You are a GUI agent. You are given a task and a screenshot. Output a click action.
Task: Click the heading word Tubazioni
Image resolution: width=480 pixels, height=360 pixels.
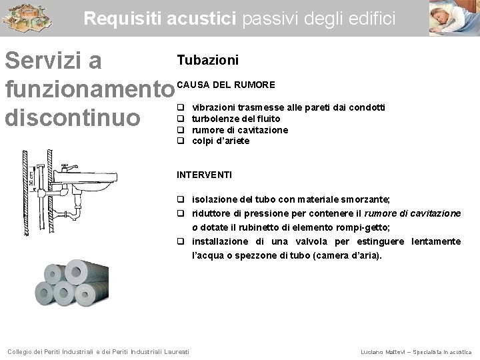coord(207,61)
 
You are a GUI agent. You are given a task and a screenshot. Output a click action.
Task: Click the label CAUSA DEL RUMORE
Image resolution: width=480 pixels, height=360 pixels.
coord(226,85)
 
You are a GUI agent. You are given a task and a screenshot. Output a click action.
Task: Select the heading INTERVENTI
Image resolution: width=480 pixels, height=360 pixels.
coord(204,175)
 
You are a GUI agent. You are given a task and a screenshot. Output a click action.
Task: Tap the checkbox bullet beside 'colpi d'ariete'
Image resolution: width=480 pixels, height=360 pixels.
coord(180,141)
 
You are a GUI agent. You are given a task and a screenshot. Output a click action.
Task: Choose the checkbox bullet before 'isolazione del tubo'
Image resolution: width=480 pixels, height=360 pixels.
coord(181,199)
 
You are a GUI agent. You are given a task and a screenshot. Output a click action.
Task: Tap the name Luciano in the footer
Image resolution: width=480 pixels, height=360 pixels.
coord(372,351)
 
